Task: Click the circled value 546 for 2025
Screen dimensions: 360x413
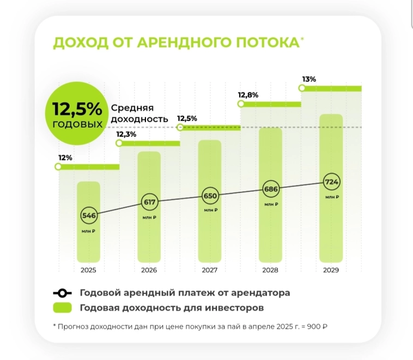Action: coord(89,215)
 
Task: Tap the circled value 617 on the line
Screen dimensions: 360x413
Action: coord(149,202)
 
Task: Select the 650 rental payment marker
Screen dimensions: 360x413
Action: coord(210,195)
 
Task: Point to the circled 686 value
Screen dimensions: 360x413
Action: coord(271,189)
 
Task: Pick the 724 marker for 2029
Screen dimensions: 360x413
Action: coord(331,181)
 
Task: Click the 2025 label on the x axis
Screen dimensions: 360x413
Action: coord(88,270)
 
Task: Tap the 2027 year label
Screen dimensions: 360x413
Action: coord(210,270)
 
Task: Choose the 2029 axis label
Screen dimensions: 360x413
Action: coord(331,270)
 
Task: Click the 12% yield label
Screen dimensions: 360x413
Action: coord(65,158)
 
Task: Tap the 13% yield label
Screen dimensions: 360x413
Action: coord(309,79)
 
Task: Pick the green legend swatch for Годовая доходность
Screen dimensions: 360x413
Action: coord(63,308)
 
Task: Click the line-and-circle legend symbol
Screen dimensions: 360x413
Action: coord(63,292)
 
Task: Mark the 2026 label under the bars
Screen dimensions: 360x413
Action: coord(149,270)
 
